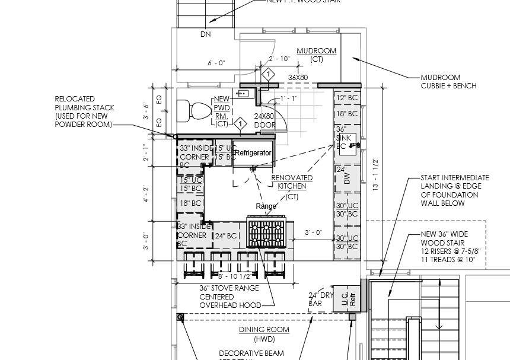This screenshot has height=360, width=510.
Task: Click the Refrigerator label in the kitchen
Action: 253,153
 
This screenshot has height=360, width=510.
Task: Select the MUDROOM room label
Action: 316,51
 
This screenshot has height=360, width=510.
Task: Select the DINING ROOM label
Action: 264,330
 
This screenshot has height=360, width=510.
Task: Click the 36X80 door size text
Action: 298,78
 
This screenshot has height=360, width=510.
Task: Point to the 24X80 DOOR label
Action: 264,121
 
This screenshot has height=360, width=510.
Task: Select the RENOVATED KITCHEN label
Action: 292,182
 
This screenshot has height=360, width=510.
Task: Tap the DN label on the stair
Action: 205,34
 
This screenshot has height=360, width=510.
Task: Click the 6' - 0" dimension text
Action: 216,63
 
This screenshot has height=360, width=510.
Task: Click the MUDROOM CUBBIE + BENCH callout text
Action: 448,82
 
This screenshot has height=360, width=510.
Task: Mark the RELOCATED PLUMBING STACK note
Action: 84,111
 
